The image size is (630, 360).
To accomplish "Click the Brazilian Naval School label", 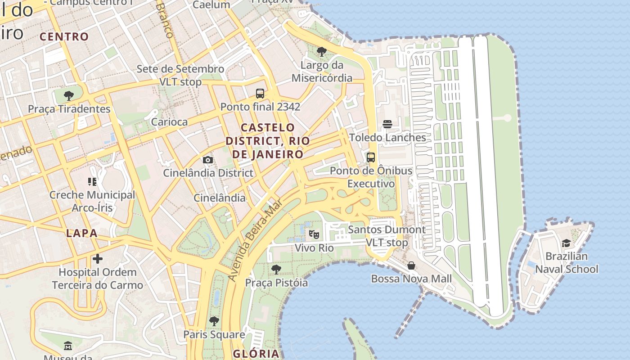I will (x=566, y=263).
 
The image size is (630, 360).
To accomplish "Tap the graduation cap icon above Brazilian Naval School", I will (x=566, y=243).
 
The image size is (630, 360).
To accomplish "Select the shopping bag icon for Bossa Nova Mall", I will (x=411, y=265).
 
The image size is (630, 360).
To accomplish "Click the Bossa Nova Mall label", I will (x=411, y=279).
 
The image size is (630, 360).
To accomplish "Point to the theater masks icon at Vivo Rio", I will (x=314, y=234).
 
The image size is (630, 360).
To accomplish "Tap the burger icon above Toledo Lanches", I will (x=387, y=124).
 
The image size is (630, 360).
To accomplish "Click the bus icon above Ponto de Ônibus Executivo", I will (x=371, y=157).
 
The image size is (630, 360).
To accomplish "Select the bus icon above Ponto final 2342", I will (x=260, y=94).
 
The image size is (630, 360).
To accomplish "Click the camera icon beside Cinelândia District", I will (x=207, y=160).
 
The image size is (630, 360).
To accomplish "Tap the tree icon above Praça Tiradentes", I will (x=69, y=95).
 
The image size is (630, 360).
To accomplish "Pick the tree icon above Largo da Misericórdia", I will (x=321, y=52).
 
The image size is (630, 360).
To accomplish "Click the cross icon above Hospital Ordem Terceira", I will (x=97, y=259).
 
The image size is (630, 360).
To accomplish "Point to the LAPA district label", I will (x=81, y=233).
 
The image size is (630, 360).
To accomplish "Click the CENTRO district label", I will (x=64, y=37).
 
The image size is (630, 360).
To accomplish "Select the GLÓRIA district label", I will (x=256, y=353).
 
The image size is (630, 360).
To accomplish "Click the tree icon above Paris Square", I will (x=214, y=321).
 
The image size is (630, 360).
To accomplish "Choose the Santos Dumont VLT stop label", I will (x=387, y=236).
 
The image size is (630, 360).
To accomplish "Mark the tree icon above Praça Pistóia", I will (x=276, y=270).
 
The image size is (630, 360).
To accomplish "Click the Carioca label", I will (x=169, y=122).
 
